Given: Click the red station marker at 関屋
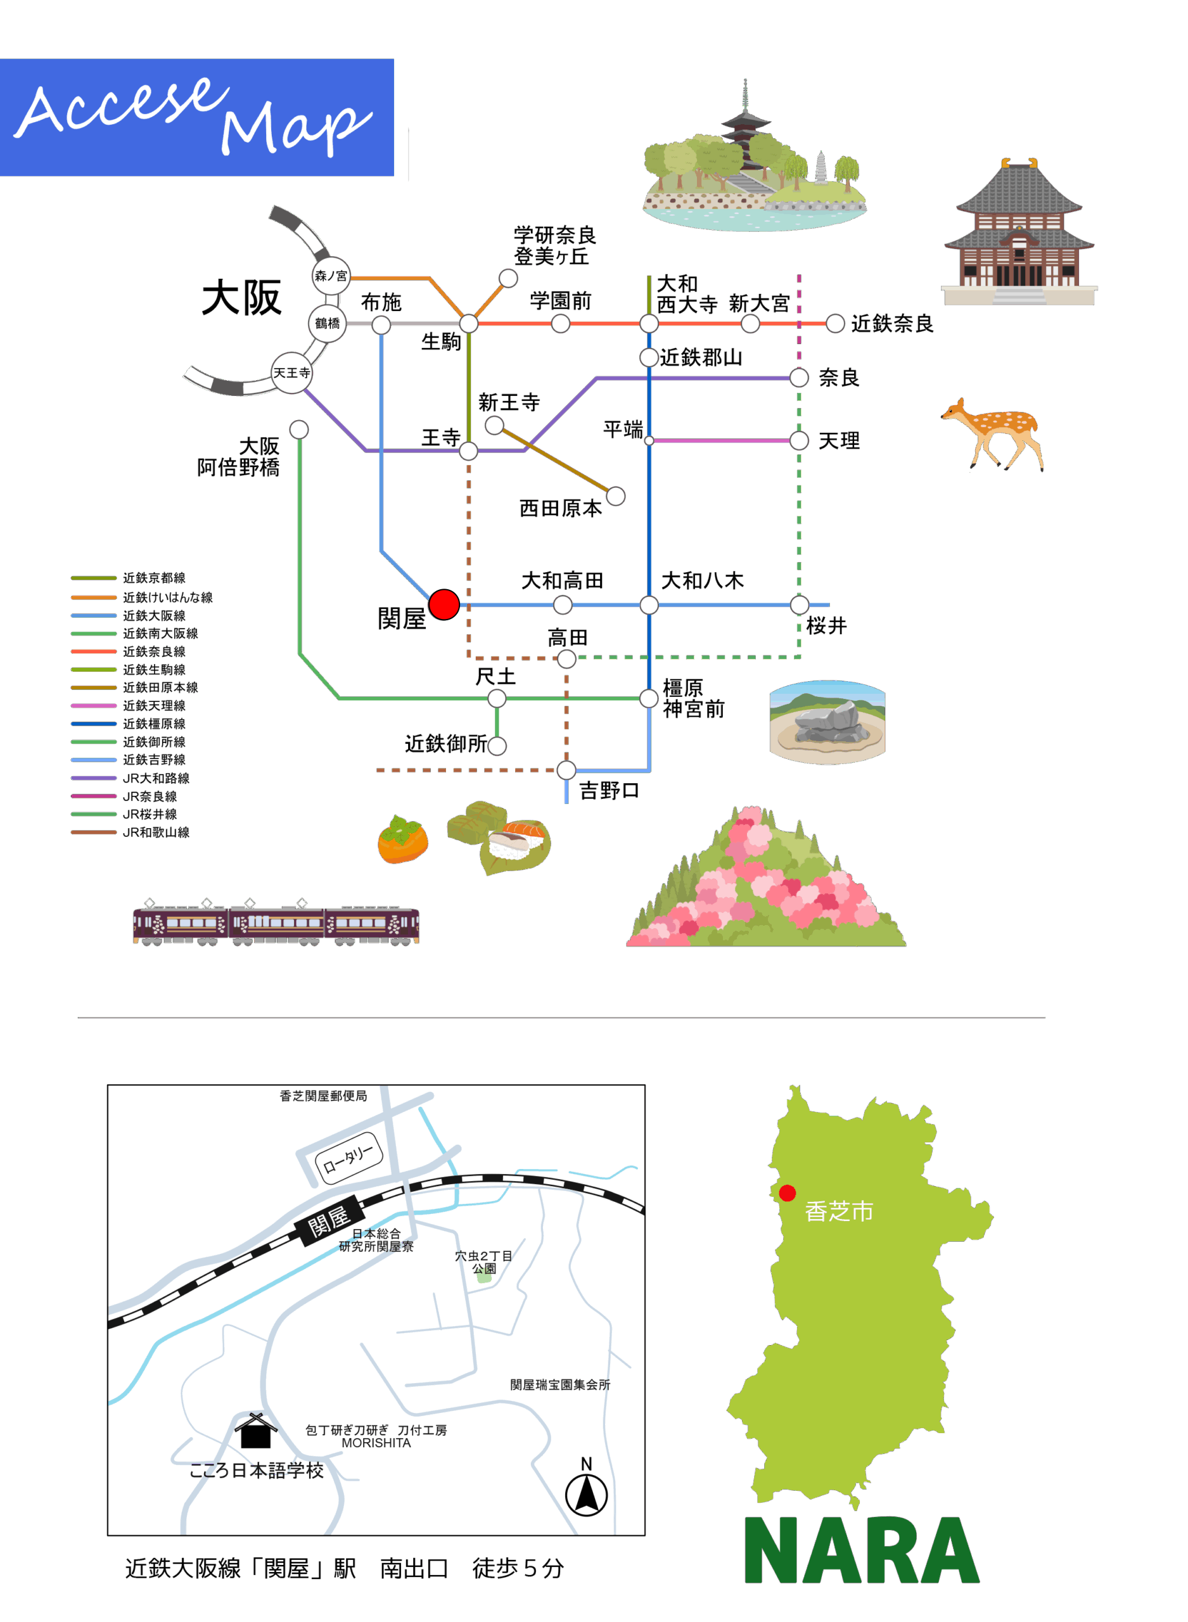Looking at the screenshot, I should pyautogui.click(x=444, y=604).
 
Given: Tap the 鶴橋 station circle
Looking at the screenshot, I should pyautogui.click(x=327, y=324).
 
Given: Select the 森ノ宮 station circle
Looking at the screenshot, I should pyautogui.click(x=331, y=276).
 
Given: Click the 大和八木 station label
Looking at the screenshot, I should pyautogui.click(x=702, y=580).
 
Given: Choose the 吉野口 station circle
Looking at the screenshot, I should pyautogui.click(x=566, y=770).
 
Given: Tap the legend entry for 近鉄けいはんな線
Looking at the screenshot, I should pyautogui.click(x=167, y=597).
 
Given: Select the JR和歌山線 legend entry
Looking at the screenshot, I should pyautogui.click(x=156, y=832).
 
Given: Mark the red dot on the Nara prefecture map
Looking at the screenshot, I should pyautogui.click(x=788, y=1194).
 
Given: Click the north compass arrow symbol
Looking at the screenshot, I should pyautogui.click(x=586, y=1494).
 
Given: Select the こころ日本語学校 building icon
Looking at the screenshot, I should pyautogui.click(x=255, y=1430).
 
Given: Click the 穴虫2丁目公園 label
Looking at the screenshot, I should pyautogui.click(x=483, y=1261).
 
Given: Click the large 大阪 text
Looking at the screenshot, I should pyautogui.click(x=241, y=298).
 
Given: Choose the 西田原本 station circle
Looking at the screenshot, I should pyautogui.click(x=616, y=496).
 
